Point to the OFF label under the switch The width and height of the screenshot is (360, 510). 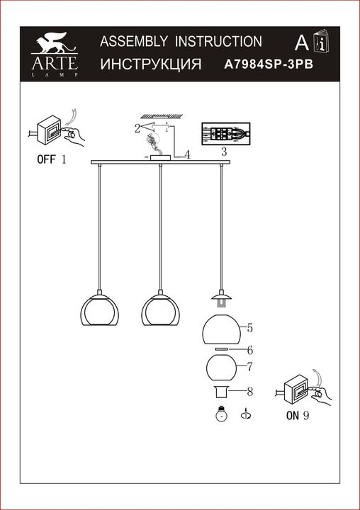click(x=45, y=159)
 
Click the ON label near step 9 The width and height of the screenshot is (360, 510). click(x=292, y=416)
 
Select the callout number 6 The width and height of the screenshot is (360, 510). click(x=250, y=349)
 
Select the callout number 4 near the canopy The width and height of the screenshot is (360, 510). click(x=187, y=154)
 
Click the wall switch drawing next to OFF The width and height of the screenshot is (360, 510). click(x=52, y=130)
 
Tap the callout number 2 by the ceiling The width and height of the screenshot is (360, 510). click(x=137, y=128)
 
